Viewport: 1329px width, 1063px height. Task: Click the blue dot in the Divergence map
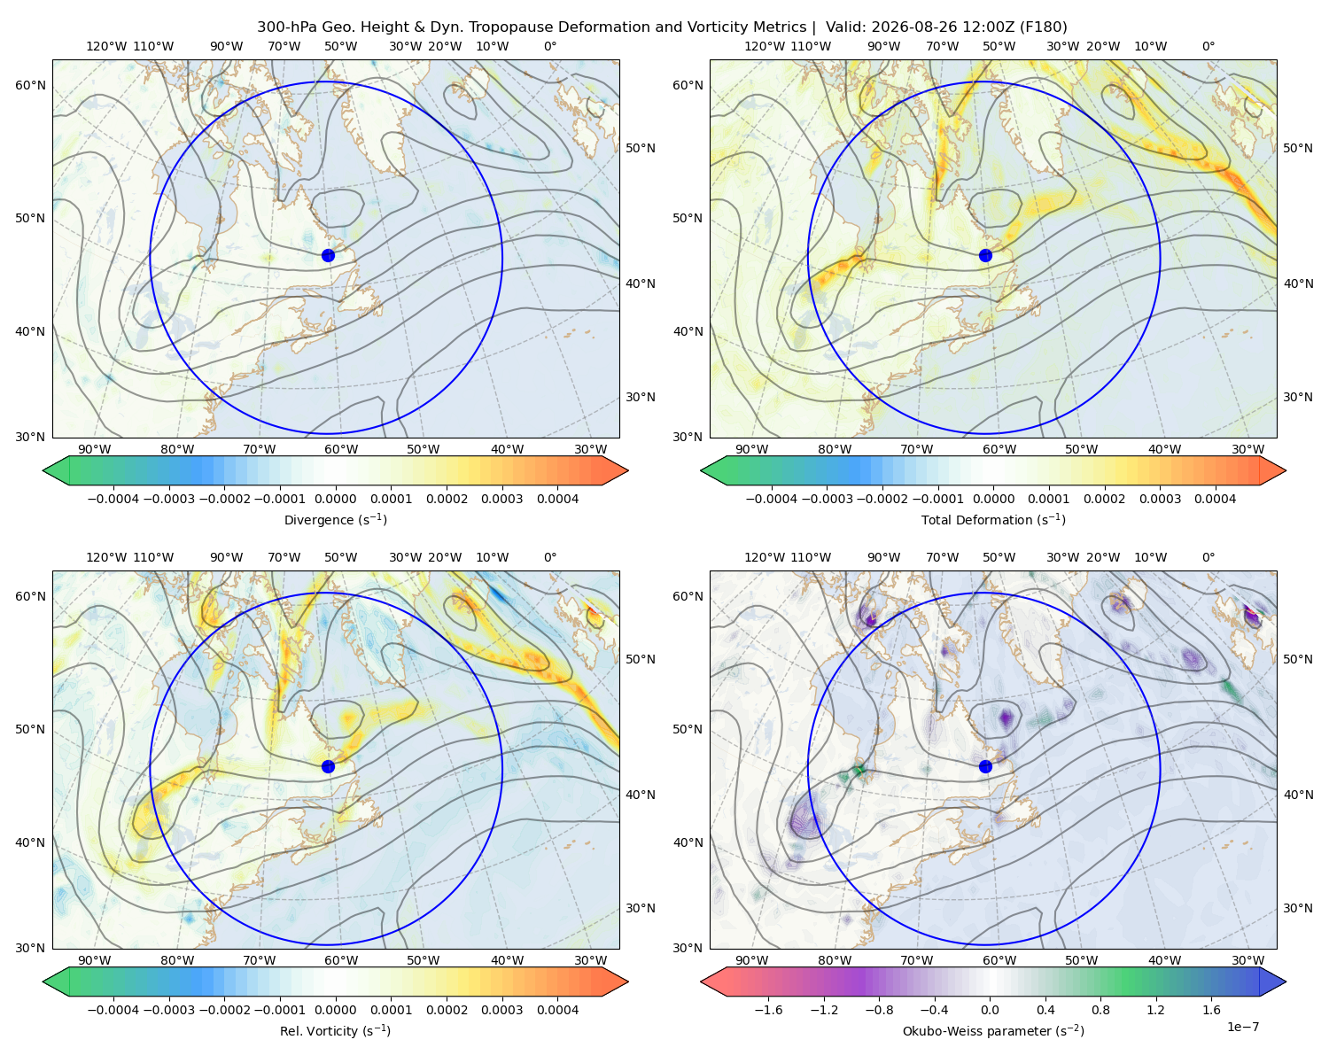click(x=328, y=255)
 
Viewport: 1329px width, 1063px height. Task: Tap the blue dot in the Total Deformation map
click(x=985, y=255)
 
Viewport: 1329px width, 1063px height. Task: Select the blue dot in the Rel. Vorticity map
click(x=328, y=766)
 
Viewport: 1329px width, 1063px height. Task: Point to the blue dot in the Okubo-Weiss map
click(x=985, y=766)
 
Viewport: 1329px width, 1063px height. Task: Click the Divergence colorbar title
click(x=335, y=519)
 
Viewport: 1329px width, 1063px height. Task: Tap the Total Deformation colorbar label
click(x=993, y=519)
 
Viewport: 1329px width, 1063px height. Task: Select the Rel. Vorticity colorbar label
click(x=335, y=1030)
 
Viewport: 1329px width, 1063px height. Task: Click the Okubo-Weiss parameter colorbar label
click(x=993, y=1030)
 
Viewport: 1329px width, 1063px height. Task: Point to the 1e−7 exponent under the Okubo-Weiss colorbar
click(x=1242, y=1027)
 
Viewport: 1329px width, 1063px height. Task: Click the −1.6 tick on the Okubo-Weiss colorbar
click(x=768, y=1009)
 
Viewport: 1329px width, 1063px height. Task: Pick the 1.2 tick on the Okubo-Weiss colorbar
click(x=1155, y=1009)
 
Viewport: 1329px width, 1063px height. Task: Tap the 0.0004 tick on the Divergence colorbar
click(x=557, y=499)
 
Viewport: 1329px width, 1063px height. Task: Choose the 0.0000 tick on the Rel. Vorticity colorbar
click(x=335, y=1009)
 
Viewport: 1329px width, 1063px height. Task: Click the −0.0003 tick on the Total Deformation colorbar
click(x=827, y=499)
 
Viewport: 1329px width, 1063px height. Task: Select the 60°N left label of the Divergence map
click(x=30, y=85)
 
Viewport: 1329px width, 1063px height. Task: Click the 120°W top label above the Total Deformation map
click(x=764, y=46)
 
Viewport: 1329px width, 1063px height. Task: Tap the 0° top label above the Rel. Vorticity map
click(x=550, y=557)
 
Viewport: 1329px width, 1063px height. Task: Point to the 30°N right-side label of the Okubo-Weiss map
click(x=1297, y=907)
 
